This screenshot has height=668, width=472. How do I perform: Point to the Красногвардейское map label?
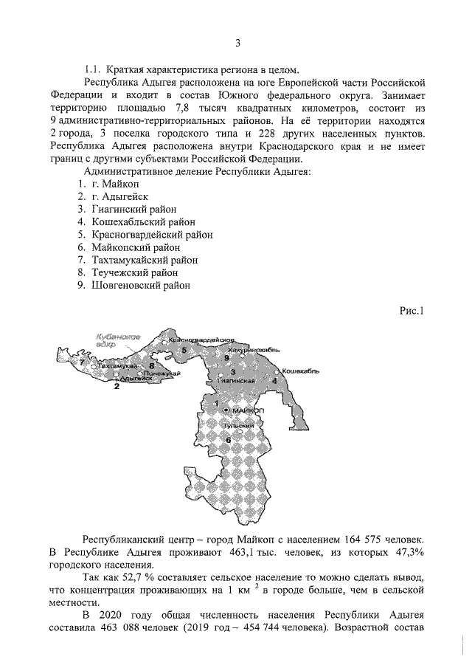(x=196, y=340)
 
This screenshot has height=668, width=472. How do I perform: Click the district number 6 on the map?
(x=228, y=440)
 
